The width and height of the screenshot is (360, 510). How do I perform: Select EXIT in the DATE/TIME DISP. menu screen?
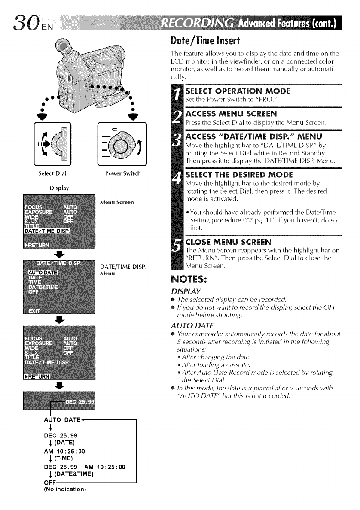[34, 310]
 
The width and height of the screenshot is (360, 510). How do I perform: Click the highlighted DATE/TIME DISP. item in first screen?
[51, 232]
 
